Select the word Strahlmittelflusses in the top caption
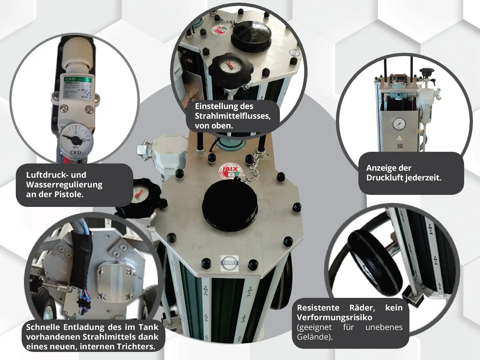(232, 116)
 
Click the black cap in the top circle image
(250, 33)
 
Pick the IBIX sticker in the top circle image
(221, 31)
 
